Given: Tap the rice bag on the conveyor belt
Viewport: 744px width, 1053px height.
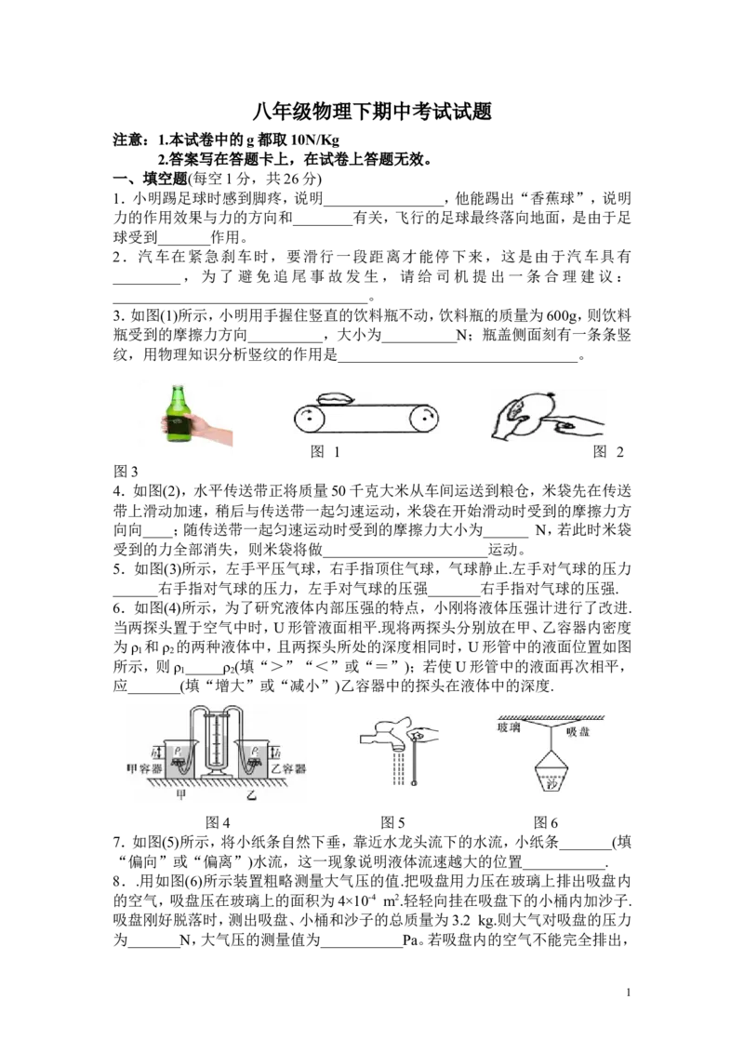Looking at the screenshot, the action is click(334, 398).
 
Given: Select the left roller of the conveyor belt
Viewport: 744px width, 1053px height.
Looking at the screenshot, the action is click(310, 419).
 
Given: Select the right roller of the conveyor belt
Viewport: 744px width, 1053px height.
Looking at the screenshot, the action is click(424, 419).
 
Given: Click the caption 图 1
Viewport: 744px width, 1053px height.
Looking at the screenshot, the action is click(325, 452).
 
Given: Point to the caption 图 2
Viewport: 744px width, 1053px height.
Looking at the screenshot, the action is click(608, 452).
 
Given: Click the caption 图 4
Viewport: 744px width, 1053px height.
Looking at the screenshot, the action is click(218, 822).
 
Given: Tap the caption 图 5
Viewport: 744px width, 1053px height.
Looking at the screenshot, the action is click(392, 822).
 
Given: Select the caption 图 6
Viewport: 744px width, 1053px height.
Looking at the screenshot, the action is click(546, 822).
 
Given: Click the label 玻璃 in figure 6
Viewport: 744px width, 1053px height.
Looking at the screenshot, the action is click(509, 727).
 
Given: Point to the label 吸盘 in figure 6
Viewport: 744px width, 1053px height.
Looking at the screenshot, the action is click(578, 731).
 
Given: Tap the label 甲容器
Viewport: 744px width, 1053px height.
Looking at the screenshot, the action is click(144, 768).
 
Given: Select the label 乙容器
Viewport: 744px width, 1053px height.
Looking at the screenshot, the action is click(288, 768).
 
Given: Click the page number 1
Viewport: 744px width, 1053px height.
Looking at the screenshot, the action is click(628, 993).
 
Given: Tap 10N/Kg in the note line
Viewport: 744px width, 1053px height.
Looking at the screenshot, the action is click(315, 140).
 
